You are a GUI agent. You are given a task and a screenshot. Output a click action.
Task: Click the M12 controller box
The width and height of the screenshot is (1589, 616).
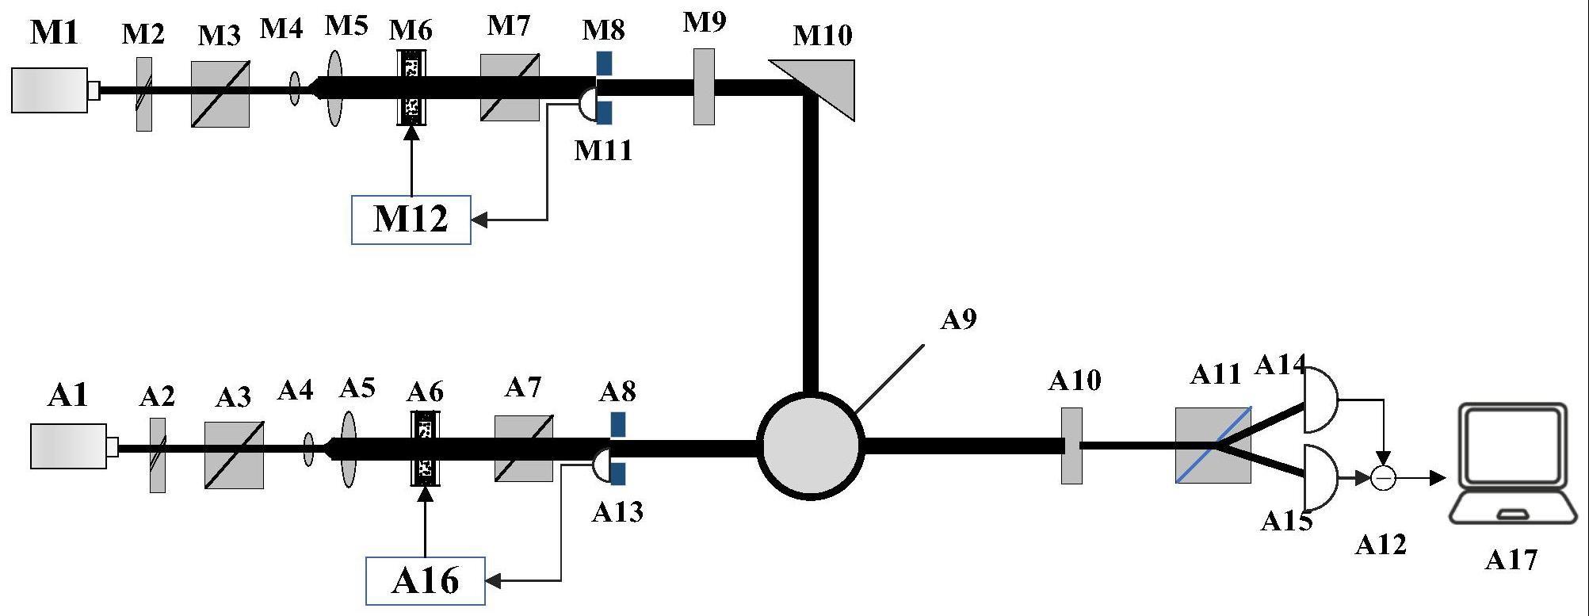411,220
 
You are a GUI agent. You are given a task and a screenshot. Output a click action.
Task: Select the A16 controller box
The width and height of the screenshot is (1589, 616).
425,581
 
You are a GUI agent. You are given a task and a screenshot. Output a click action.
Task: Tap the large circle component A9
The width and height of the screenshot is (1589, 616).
810,446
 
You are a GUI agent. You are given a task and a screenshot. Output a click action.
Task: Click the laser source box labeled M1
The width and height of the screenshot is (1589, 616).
50,90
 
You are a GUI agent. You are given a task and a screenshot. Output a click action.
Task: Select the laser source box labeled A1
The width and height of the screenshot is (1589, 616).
69,446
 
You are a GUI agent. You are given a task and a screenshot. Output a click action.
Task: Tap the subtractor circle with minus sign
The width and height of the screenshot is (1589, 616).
1383,478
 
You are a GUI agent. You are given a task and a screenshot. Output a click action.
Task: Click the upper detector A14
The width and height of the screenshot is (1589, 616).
1320,400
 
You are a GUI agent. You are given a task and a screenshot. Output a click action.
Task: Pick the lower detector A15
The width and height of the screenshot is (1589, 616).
1320,477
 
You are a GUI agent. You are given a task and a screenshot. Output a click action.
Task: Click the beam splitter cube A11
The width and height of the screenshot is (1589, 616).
1213,446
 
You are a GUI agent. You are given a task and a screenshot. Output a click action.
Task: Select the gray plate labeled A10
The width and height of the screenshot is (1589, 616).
1071,446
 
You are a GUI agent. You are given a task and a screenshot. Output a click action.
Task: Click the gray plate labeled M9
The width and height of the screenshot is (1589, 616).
704,86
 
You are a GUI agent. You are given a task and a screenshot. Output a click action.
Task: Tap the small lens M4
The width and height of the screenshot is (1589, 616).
295,88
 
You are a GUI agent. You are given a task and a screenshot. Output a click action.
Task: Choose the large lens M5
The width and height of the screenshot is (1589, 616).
335,88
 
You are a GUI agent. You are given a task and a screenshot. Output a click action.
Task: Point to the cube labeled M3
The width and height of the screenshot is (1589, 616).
220,94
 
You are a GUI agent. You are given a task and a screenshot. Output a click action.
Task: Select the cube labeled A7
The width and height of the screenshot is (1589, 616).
524,448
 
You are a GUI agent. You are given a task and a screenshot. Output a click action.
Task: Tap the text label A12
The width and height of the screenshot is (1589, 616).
1381,545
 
